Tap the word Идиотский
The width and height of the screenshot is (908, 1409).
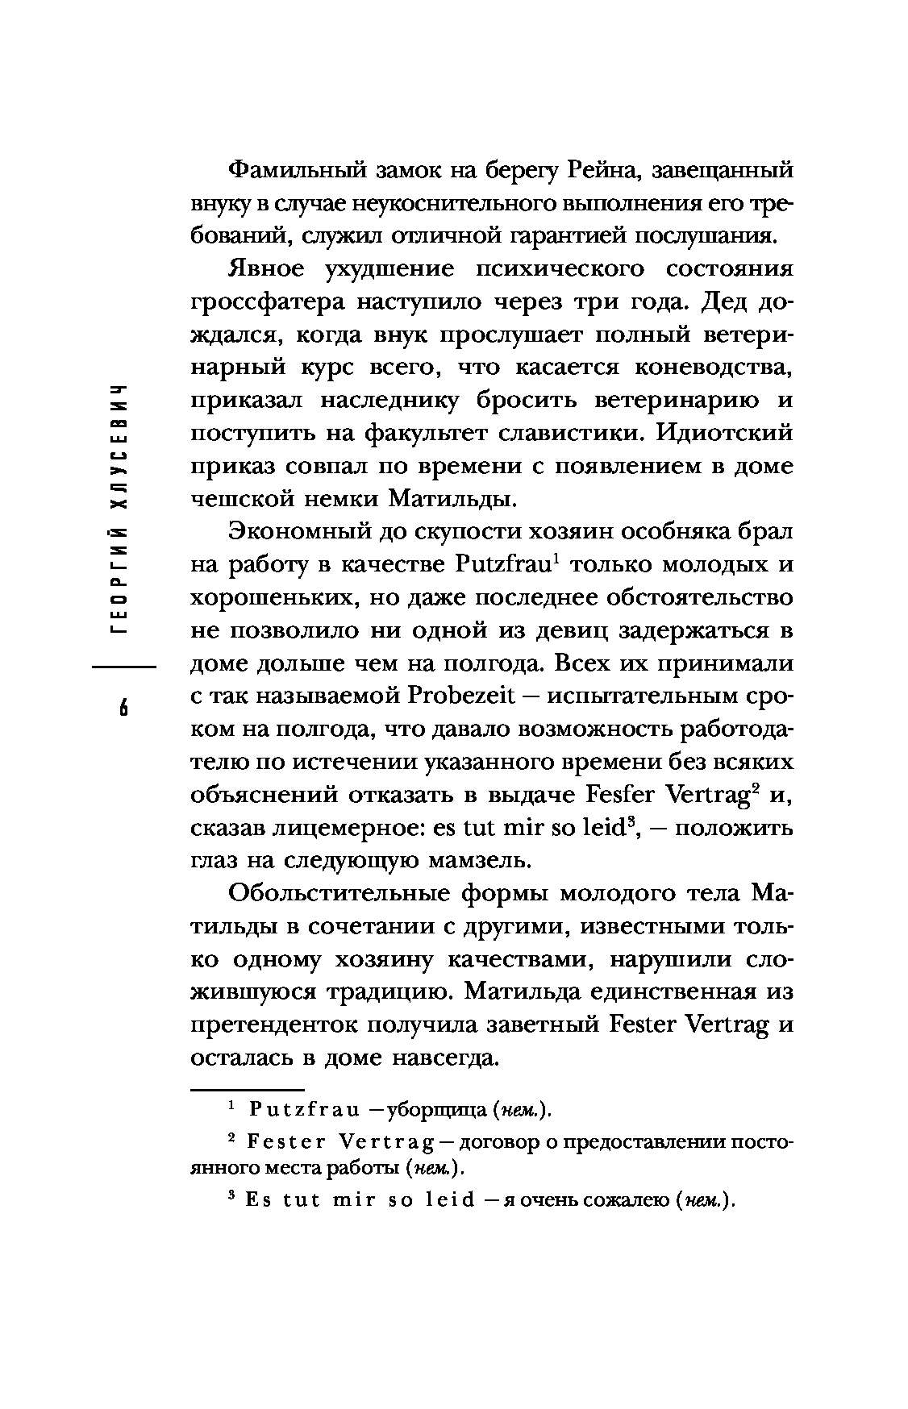tap(725, 433)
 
